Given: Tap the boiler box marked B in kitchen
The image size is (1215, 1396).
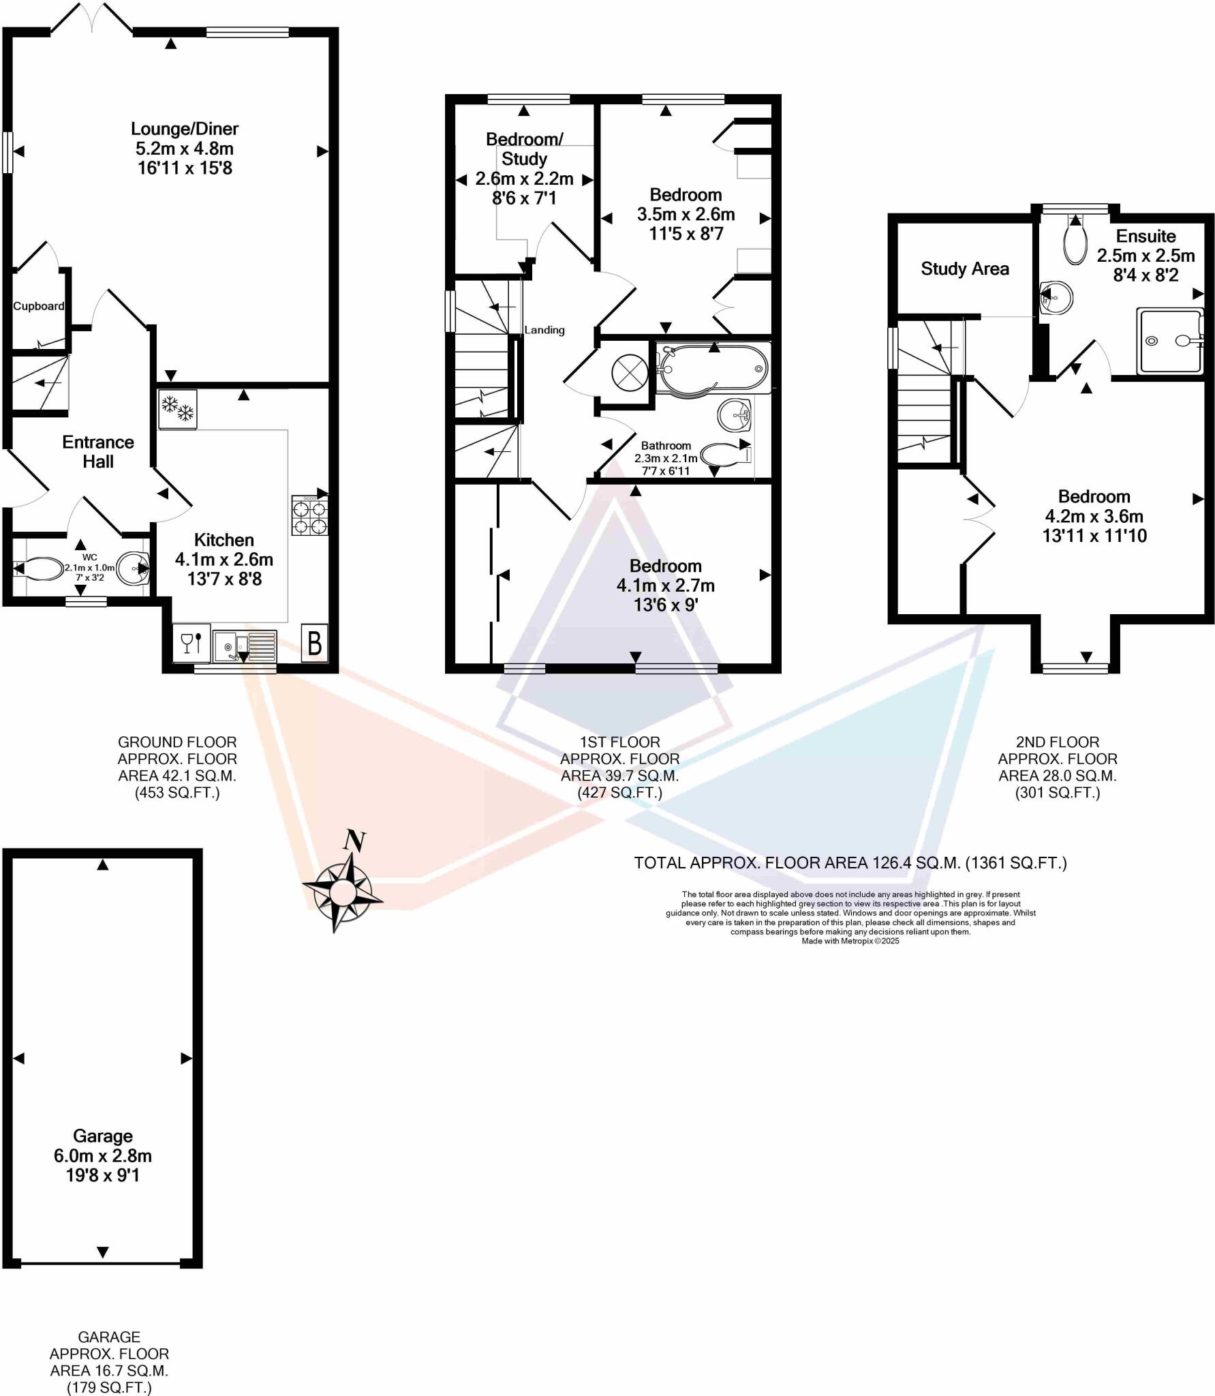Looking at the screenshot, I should click(314, 643).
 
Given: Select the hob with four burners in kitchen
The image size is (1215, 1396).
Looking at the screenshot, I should click(310, 515).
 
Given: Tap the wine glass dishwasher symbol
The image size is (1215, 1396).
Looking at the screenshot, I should click(191, 643).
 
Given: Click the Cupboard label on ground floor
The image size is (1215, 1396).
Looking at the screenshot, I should click(39, 306).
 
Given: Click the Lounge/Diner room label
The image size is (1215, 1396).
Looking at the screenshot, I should click(185, 129).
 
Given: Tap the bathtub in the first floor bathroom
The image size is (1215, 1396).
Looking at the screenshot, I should click(713, 368).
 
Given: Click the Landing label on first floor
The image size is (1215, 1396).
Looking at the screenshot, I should click(544, 330).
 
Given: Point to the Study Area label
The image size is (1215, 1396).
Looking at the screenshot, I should click(964, 269).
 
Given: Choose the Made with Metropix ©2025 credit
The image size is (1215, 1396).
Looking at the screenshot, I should click(850, 941).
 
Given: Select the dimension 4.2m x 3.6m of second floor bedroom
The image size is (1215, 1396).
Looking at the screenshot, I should click(1094, 516).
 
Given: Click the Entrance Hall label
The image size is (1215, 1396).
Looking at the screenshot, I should click(98, 451).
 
